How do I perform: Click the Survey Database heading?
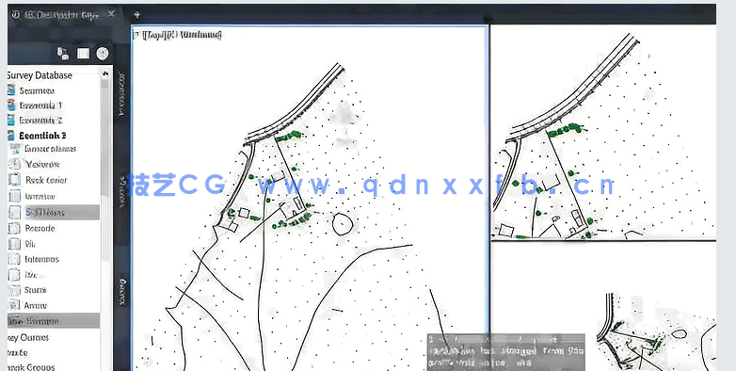click(x=41, y=74)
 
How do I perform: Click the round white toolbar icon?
click(x=102, y=54)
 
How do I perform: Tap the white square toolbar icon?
click(x=82, y=54)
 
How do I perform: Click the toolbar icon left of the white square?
click(x=62, y=54)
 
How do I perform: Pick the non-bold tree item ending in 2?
click(x=40, y=121)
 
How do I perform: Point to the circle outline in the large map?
click(x=343, y=224)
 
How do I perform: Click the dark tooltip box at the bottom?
click(x=504, y=351)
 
